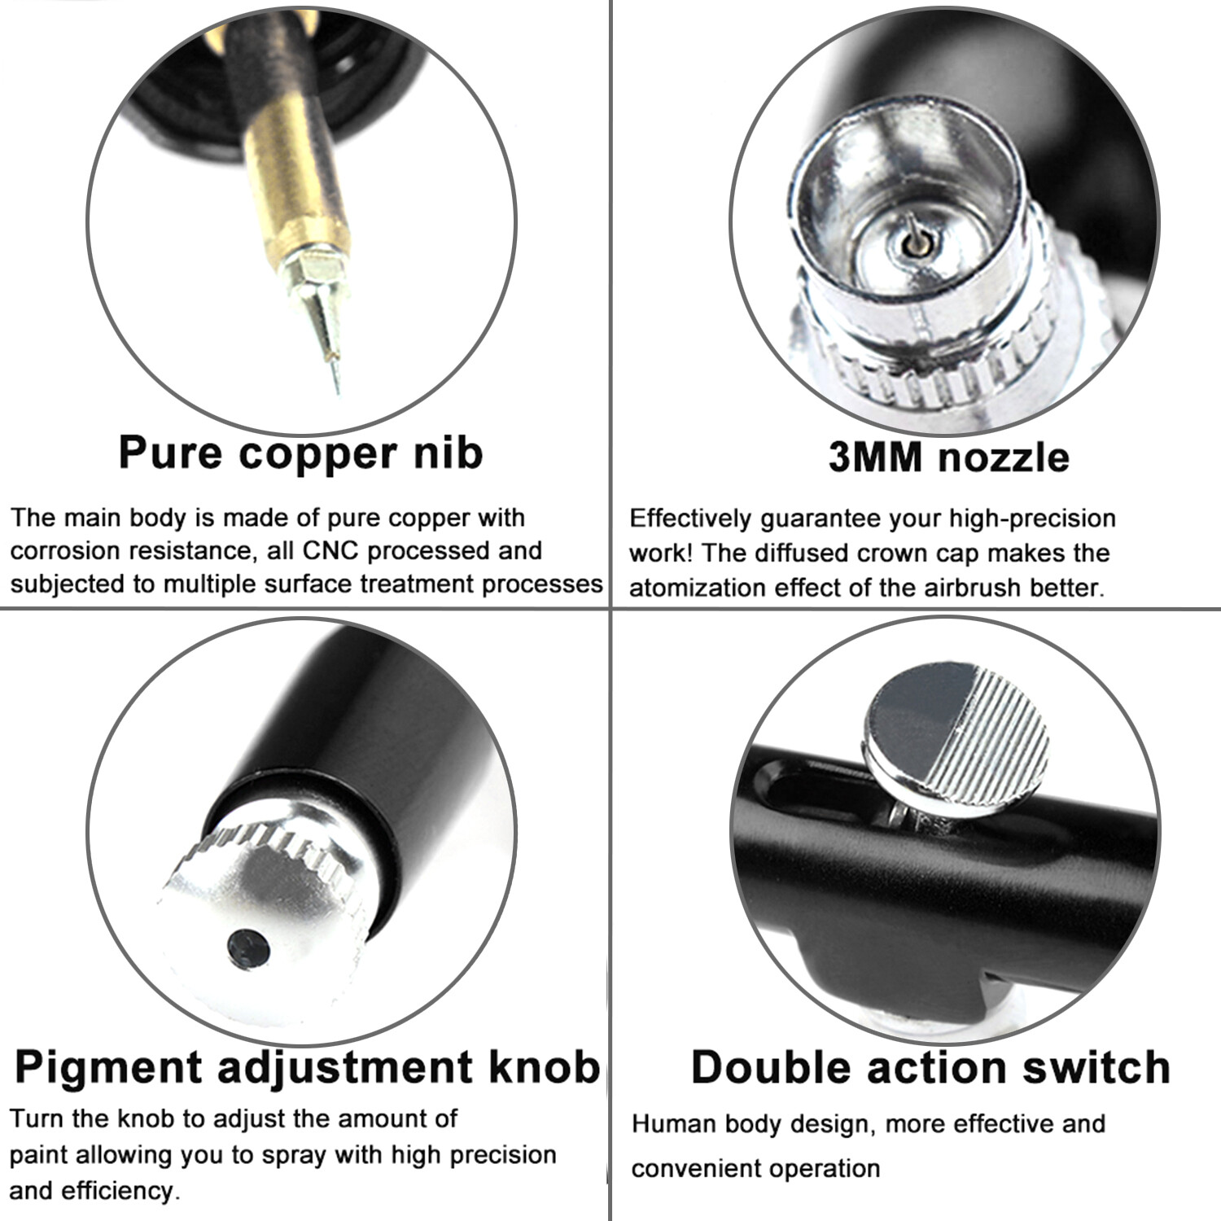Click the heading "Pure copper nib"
point(300,453)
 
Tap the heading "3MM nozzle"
point(948,457)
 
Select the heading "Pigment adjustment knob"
point(308,1066)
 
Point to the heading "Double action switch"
point(930,1066)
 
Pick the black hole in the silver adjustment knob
point(248,947)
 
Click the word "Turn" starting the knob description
point(37,1118)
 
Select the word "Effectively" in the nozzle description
point(690,519)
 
